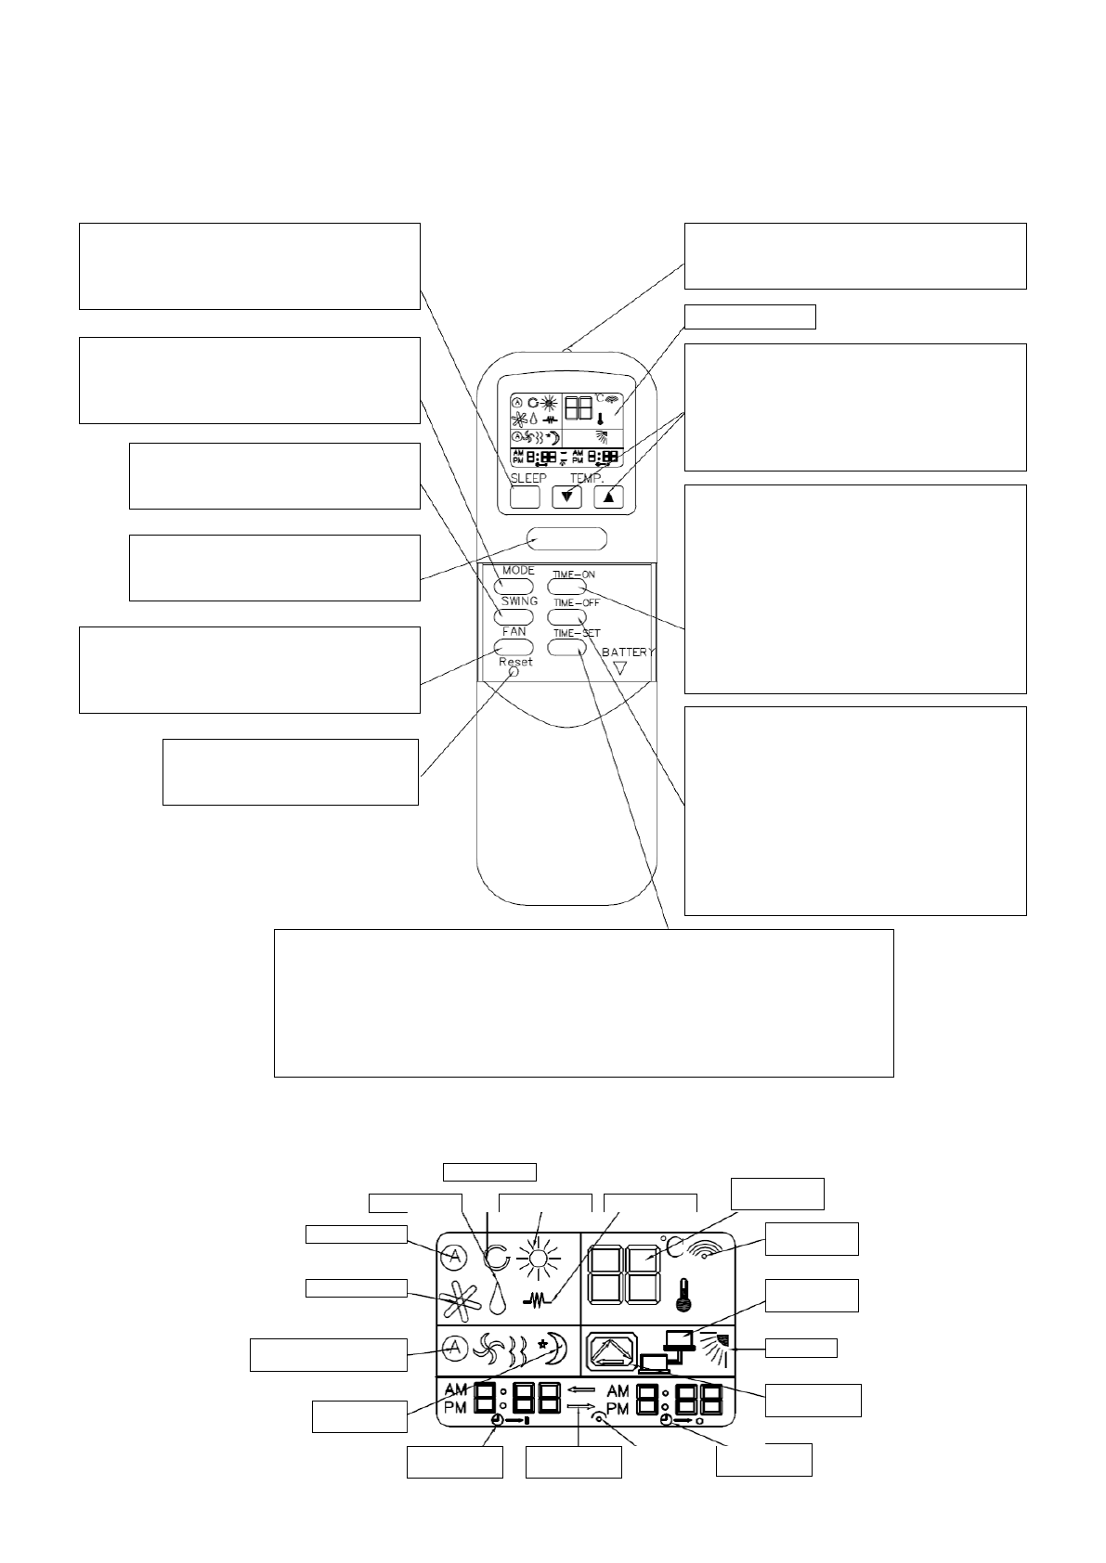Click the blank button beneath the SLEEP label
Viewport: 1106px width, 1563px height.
click(525, 497)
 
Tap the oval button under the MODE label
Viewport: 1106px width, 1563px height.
click(514, 587)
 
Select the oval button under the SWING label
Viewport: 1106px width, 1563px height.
click(514, 617)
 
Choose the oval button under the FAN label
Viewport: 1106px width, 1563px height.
click(514, 647)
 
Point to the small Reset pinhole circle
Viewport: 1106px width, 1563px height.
click(514, 672)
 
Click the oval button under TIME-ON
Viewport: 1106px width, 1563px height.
click(566, 587)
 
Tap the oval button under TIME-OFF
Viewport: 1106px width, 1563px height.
click(566, 617)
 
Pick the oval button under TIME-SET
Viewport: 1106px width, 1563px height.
click(566, 647)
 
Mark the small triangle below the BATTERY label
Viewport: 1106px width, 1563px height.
click(620, 667)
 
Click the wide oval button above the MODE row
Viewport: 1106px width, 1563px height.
click(566, 538)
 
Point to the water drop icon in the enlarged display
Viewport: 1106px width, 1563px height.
click(498, 1298)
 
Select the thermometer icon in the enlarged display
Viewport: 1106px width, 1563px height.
click(684, 1295)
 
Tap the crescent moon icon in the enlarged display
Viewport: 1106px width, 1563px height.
click(553, 1348)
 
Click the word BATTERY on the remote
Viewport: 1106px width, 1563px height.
click(628, 652)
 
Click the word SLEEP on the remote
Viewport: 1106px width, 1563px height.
click(528, 478)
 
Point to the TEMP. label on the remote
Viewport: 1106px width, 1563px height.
click(587, 478)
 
